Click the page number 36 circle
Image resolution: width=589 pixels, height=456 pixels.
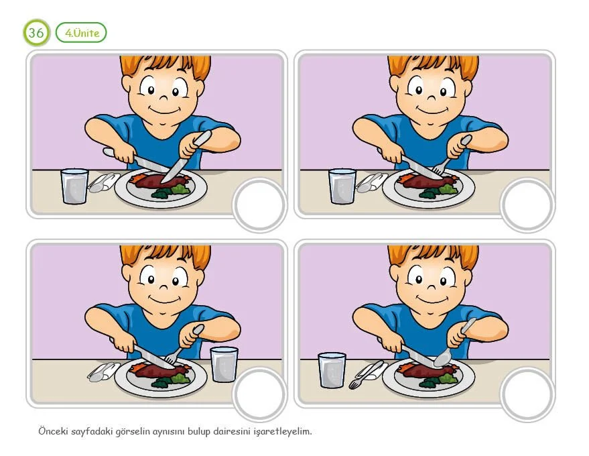36,33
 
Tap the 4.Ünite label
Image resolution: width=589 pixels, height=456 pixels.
81,33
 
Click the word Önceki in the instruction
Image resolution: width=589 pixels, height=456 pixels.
53,431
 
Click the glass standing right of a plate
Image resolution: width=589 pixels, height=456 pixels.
224,364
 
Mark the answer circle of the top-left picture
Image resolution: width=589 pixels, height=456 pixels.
259,205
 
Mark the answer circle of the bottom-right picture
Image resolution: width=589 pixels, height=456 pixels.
527,394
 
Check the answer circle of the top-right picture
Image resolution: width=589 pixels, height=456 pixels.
527,205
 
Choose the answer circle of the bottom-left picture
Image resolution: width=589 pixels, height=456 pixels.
259,394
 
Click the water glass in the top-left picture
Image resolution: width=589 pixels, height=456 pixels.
75,186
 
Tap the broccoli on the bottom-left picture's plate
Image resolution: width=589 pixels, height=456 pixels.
171,381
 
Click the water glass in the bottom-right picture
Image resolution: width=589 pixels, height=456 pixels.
332,370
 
